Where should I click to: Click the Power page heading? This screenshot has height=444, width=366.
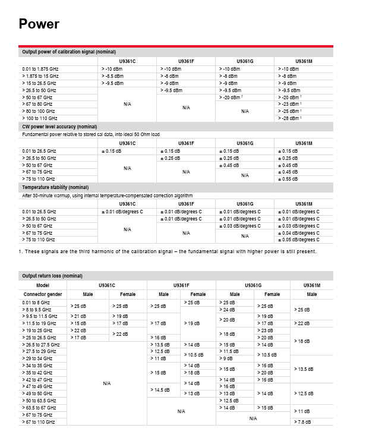click(39, 24)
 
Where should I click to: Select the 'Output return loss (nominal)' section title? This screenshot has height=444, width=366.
click(52, 276)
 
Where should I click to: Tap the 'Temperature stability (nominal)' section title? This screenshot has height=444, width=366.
click(55, 187)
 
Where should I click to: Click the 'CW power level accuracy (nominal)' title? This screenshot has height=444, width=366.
click(59, 127)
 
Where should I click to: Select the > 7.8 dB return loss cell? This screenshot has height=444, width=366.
click(303, 422)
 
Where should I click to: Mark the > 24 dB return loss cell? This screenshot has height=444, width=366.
click(228, 310)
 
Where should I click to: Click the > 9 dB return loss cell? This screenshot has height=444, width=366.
click(226, 358)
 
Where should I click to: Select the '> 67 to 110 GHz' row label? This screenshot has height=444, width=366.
click(39, 422)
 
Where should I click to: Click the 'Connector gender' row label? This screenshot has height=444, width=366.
click(42, 294)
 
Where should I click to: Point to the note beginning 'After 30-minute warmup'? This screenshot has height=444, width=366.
click(107, 196)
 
